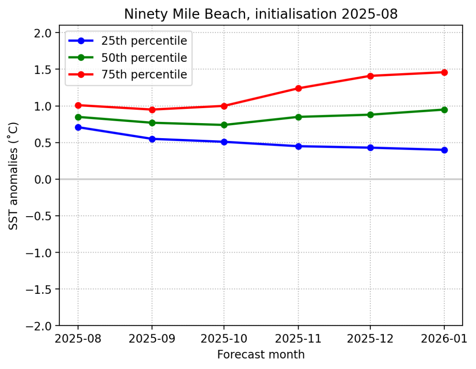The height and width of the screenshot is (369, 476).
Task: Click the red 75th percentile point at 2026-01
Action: click(444, 72)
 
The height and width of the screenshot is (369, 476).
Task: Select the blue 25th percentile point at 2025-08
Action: click(78, 127)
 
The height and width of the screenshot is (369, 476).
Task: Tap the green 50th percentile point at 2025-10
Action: click(224, 125)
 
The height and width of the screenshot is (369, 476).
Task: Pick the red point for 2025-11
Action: click(298, 88)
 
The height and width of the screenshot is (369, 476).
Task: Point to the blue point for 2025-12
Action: click(370, 148)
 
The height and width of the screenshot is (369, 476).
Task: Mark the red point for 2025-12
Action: click(370, 76)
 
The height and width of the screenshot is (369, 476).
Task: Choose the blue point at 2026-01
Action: click(444, 150)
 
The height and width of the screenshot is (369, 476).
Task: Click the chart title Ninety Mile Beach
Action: click(261, 14)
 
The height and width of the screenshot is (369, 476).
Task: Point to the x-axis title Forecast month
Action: click(261, 355)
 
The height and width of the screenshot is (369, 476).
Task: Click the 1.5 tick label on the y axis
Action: click(43, 69)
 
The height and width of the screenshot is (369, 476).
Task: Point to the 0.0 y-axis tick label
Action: click(43, 179)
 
